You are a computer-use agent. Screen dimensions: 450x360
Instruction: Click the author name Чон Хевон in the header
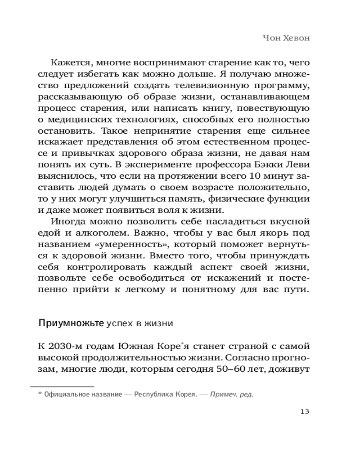point(286,38)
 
